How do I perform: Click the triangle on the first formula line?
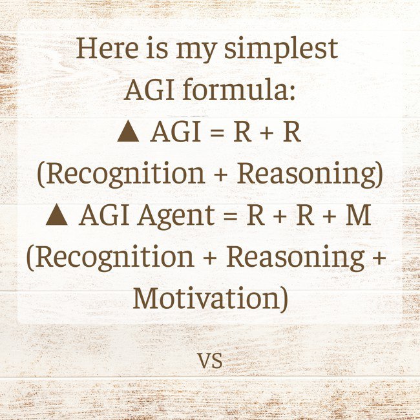(x=129, y=132)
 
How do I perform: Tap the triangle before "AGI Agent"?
(x=57, y=215)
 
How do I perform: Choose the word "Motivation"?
(x=204, y=299)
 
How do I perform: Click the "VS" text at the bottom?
(x=210, y=361)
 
